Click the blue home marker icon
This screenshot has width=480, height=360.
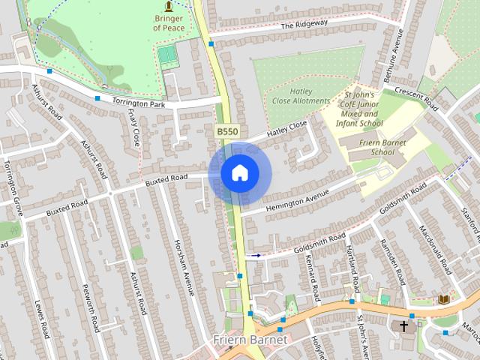[x=239, y=172]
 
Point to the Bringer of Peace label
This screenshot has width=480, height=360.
[x=168, y=22]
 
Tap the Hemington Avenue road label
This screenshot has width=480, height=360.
[x=298, y=201]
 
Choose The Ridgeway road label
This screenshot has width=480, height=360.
[x=304, y=25]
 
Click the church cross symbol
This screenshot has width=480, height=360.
[x=405, y=326]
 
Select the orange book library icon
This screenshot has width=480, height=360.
[x=444, y=299]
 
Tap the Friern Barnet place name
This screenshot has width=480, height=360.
[x=249, y=340]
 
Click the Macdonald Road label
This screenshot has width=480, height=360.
[x=433, y=249]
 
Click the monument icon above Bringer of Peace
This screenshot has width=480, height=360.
[x=168, y=5]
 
